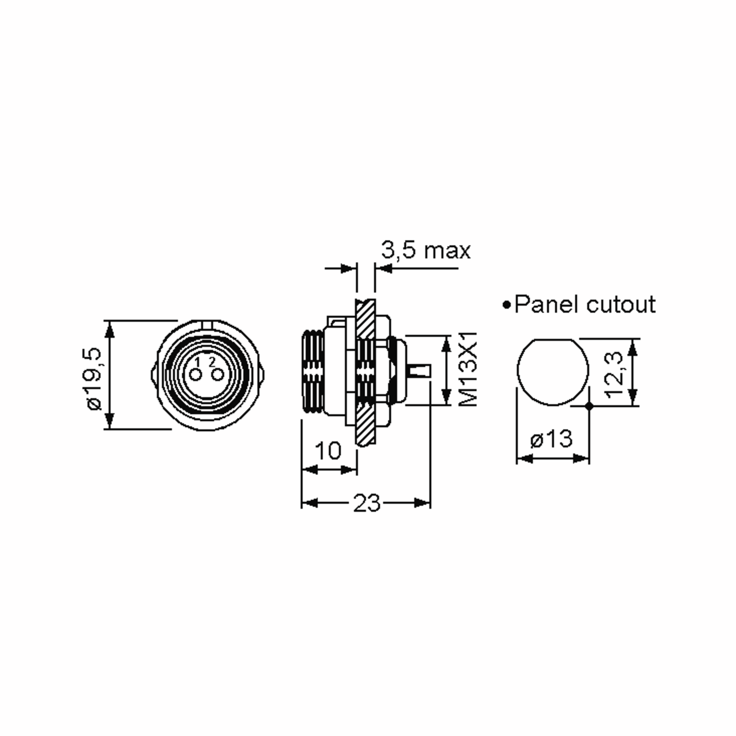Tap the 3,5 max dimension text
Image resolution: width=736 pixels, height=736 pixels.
point(426,251)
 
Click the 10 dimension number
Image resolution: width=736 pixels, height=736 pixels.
point(328,451)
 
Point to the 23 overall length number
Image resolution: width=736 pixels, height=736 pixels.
point(366,503)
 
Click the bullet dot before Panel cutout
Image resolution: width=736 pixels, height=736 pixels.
point(506,305)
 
